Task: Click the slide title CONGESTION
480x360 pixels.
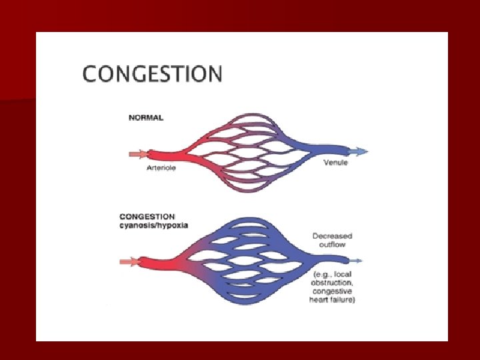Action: pyautogui.click(x=152, y=73)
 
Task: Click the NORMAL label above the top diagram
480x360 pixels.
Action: pyautogui.click(x=146, y=118)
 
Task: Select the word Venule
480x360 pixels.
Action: pyautogui.click(x=335, y=163)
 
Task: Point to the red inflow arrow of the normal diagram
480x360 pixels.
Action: pyautogui.click(x=137, y=154)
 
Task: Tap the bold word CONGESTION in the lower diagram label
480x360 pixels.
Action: pyautogui.click(x=147, y=216)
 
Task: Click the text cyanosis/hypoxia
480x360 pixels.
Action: pyautogui.click(x=153, y=225)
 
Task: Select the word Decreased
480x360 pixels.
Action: pyautogui.click(x=332, y=236)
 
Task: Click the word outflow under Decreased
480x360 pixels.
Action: pyautogui.click(x=332, y=245)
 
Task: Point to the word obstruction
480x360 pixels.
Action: pyautogui.click(x=331, y=284)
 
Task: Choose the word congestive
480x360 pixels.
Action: pyautogui.click(x=331, y=292)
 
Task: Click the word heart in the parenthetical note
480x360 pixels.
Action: pyautogui.click(x=319, y=301)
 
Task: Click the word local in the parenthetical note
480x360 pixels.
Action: pyautogui.click(x=344, y=275)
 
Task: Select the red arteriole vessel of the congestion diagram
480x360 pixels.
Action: pyautogui.click(x=163, y=261)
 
